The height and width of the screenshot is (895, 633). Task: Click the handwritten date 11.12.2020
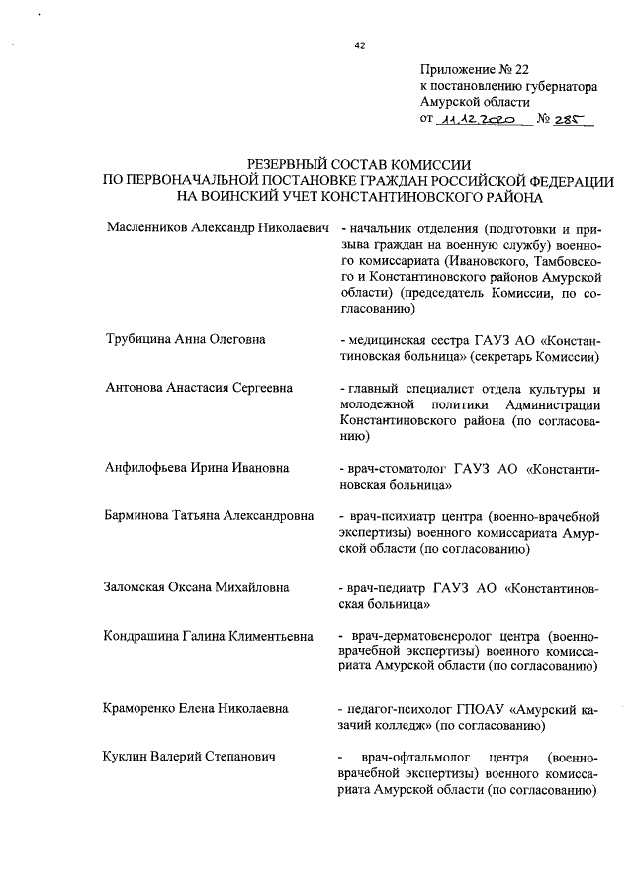[479, 119]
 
